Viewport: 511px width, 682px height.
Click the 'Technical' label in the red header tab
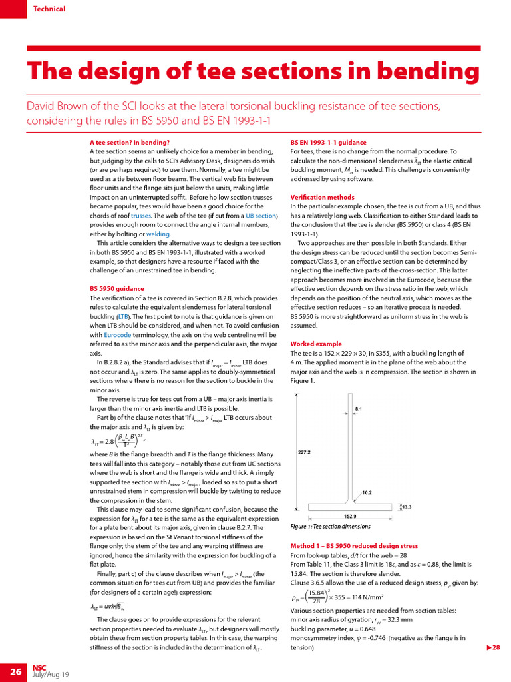tap(49, 9)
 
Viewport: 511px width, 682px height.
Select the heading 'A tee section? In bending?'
tap(130, 142)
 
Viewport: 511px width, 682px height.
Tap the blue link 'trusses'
tap(141, 216)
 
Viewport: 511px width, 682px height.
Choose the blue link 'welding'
tap(158, 234)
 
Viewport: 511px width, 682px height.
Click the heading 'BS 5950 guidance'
tap(116, 289)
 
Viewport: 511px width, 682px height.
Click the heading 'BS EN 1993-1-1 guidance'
tap(329, 142)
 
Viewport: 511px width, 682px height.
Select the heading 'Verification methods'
tap(323, 197)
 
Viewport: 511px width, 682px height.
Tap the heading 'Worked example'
tap(316, 344)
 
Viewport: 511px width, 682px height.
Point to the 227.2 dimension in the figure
tap(304, 452)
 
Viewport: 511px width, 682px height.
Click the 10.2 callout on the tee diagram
tap(367, 493)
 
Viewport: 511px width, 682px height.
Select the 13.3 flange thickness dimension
tap(406, 507)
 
